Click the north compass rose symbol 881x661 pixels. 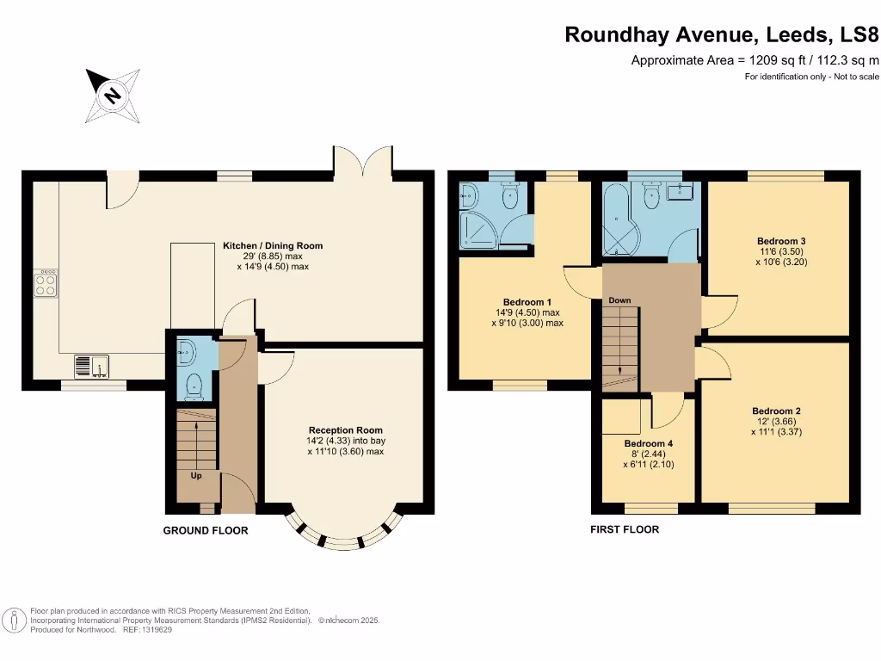pos(112,94)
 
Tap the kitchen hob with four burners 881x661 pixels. pos(46,284)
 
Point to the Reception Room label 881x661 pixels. pos(345,430)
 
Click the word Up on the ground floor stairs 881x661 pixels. pos(196,475)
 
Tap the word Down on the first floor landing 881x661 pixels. pos(619,300)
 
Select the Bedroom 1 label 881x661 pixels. pos(527,302)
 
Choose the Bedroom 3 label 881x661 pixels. pos(781,241)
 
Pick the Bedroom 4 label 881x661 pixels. pos(648,444)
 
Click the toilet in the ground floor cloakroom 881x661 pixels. pos(194,385)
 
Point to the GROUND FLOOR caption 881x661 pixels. pos(206,531)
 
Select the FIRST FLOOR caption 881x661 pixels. pos(625,529)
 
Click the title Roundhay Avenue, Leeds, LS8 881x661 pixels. pos(722,35)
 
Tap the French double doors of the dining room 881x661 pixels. pos(365,160)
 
